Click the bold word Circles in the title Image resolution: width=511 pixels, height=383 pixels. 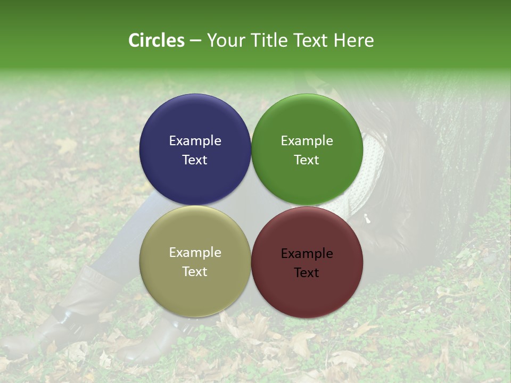pyautogui.click(x=156, y=40)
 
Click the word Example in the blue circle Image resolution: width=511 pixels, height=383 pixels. pyautogui.click(x=195, y=141)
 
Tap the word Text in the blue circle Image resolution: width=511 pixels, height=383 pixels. pyautogui.click(x=195, y=160)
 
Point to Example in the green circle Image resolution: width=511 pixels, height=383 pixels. pyautogui.click(x=307, y=141)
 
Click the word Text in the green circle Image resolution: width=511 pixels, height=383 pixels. pyautogui.click(x=307, y=160)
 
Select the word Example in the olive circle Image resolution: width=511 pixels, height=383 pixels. pyautogui.click(x=195, y=253)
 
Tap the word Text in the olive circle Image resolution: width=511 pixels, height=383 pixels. pyautogui.click(x=195, y=272)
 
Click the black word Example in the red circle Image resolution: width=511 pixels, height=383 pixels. pyautogui.click(x=307, y=254)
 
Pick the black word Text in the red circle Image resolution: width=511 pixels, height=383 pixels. pyautogui.click(x=307, y=273)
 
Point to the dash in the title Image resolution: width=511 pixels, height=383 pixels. pyautogui.click(x=195, y=40)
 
